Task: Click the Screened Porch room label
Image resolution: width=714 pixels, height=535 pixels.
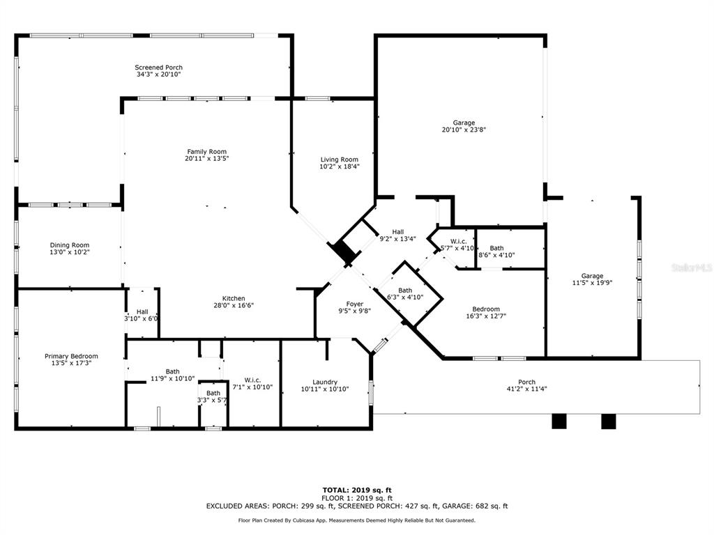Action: (158, 68)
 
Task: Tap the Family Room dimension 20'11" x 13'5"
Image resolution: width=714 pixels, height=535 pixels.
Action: (206, 159)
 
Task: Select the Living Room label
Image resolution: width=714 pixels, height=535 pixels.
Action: (340, 160)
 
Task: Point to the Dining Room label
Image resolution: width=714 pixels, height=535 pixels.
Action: (70, 245)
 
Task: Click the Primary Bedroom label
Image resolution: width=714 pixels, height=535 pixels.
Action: (71, 356)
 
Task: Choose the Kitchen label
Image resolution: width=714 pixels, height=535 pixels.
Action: (234, 298)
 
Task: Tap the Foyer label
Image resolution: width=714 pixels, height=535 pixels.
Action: (355, 304)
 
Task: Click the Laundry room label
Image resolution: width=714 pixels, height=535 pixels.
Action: (325, 382)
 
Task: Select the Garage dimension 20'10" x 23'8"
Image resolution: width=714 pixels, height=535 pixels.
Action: (464, 130)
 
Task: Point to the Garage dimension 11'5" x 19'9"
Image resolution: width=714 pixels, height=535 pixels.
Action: (592, 283)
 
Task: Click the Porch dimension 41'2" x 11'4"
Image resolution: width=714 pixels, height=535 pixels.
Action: (527, 389)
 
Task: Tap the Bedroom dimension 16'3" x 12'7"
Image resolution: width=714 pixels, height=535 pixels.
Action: (486, 316)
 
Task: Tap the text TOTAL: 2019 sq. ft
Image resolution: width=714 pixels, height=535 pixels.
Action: (357, 490)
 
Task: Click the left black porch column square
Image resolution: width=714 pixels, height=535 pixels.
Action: (559, 421)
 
